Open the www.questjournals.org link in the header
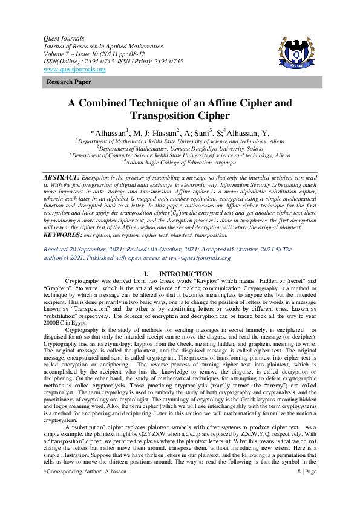[74, 70]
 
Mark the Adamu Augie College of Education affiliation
[180, 163]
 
